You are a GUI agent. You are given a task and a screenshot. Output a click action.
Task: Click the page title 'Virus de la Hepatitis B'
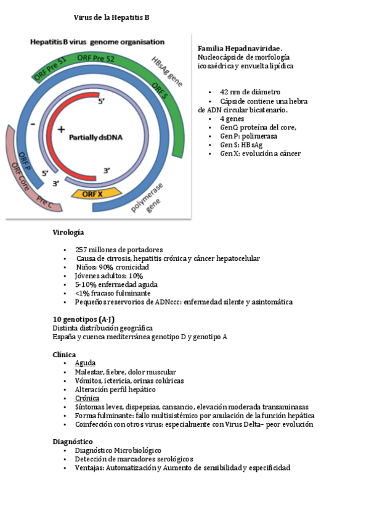[x=112, y=18]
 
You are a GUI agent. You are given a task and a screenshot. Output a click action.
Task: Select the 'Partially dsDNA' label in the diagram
[x=95, y=137]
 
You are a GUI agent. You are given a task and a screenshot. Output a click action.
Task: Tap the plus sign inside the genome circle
[x=61, y=130]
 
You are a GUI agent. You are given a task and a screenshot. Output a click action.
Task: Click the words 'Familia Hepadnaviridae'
[x=239, y=48]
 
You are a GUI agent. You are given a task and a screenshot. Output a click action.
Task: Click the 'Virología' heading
[x=68, y=233]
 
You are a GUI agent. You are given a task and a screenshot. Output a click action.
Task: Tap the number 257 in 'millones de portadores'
[x=83, y=249]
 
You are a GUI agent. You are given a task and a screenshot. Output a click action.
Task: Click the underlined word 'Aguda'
[x=85, y=363]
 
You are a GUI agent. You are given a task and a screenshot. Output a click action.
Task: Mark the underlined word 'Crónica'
[x=87, y=398]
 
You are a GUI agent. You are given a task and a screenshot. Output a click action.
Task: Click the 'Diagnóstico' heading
[x=73, y=442]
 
